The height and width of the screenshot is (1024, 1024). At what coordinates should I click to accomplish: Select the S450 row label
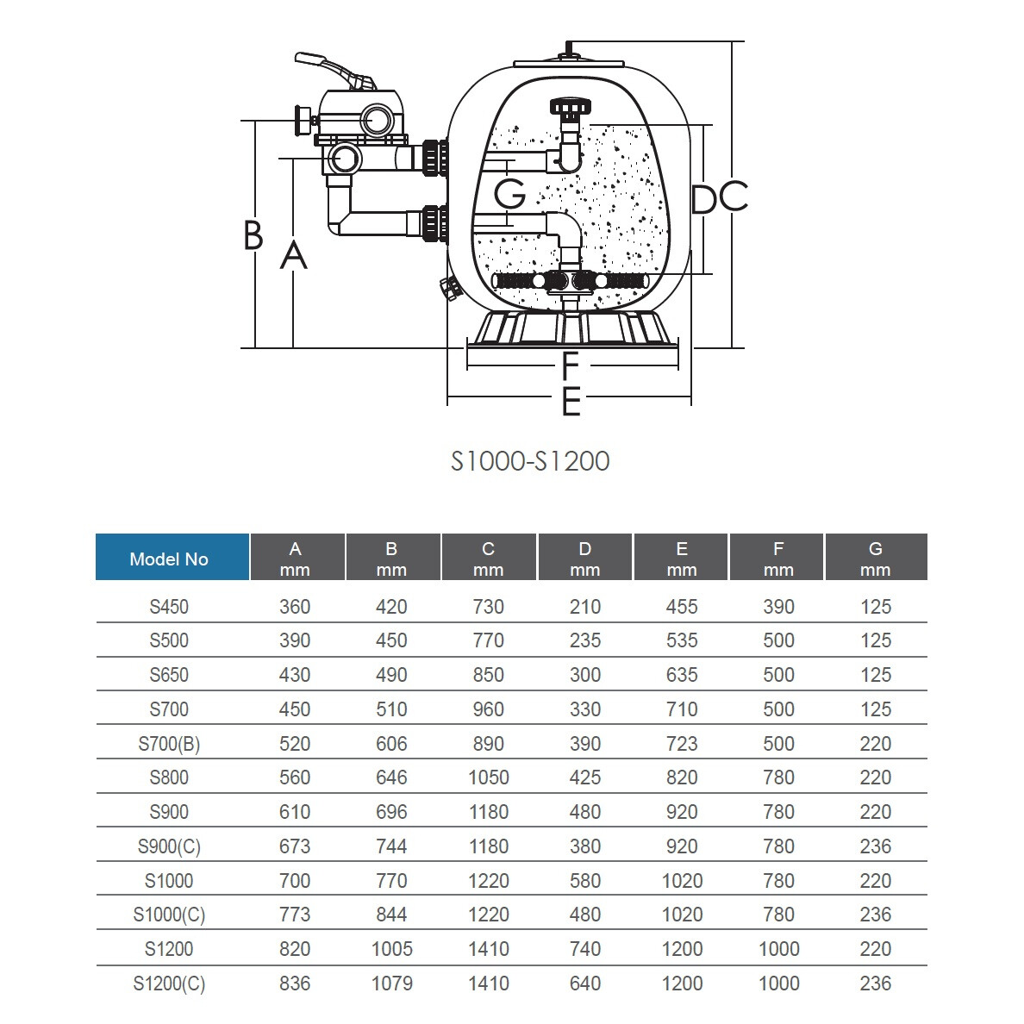[x=169, y=607]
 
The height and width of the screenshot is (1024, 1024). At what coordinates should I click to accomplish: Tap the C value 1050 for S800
[x=488, y=777]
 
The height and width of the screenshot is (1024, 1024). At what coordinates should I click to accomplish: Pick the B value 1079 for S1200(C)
[x=391, y=983]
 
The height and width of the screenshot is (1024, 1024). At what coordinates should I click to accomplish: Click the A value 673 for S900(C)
[x=295, y=846]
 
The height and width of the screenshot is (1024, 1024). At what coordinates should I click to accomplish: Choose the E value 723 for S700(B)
[x=681, y=744]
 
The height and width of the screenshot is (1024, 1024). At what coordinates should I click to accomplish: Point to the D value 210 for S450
[x=584, y=607]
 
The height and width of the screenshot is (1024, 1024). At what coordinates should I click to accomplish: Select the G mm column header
[x=875, y=558]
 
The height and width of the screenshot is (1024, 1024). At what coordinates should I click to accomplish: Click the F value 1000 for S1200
[x=778, y=949]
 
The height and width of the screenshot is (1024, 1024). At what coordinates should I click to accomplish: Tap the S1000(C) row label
[x=169, y=915]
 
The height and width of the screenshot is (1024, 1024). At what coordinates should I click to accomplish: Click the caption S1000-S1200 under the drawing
[x=530, y=461]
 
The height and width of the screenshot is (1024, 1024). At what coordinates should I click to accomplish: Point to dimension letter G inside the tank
[x=510, y=194]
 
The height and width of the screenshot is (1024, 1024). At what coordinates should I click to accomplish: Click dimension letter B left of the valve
[x=253, y=234]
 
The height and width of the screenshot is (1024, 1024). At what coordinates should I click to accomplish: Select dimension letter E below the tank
[x=570, y=402]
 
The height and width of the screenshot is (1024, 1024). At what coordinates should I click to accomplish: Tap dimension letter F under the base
[x=570, y=367]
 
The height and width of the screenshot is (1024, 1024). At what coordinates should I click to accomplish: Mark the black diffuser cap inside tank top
[x=569, y=109]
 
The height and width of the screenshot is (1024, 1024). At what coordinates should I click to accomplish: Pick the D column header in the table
[x=584, y=558]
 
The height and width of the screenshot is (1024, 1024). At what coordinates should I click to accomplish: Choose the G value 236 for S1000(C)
[x=875, y=915]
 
